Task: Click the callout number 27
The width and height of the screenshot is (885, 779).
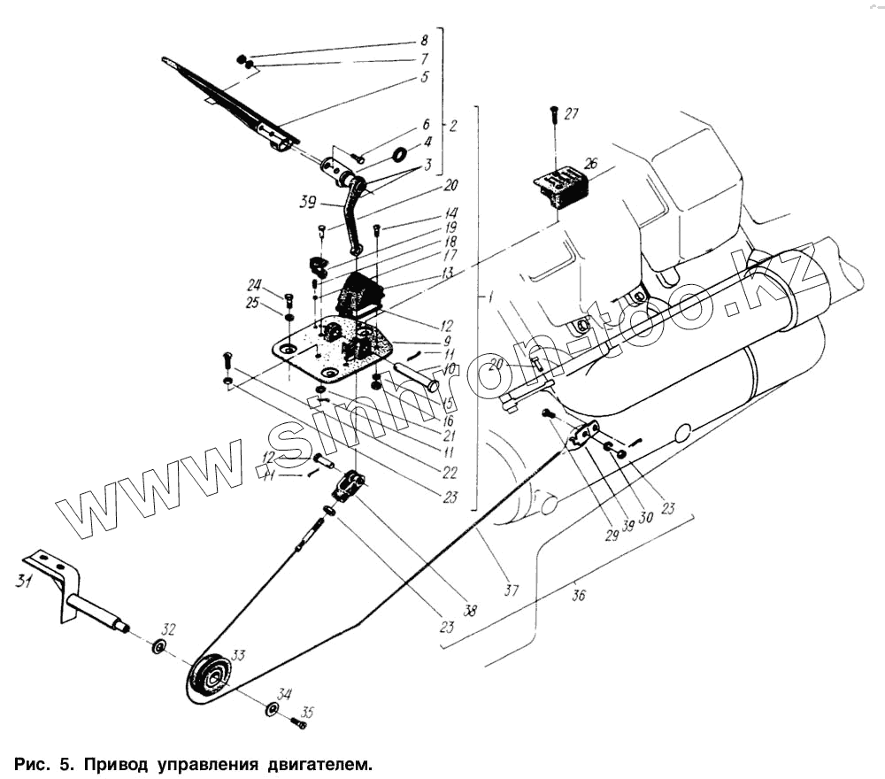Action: [x=571, y=113]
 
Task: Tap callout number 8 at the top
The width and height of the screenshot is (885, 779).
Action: [x=424, y=41]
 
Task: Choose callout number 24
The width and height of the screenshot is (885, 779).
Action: [x=255, y=285]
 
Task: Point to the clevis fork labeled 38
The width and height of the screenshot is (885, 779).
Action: [x=350, y=486]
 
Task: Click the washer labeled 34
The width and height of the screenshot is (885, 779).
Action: [x=271, y=709]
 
